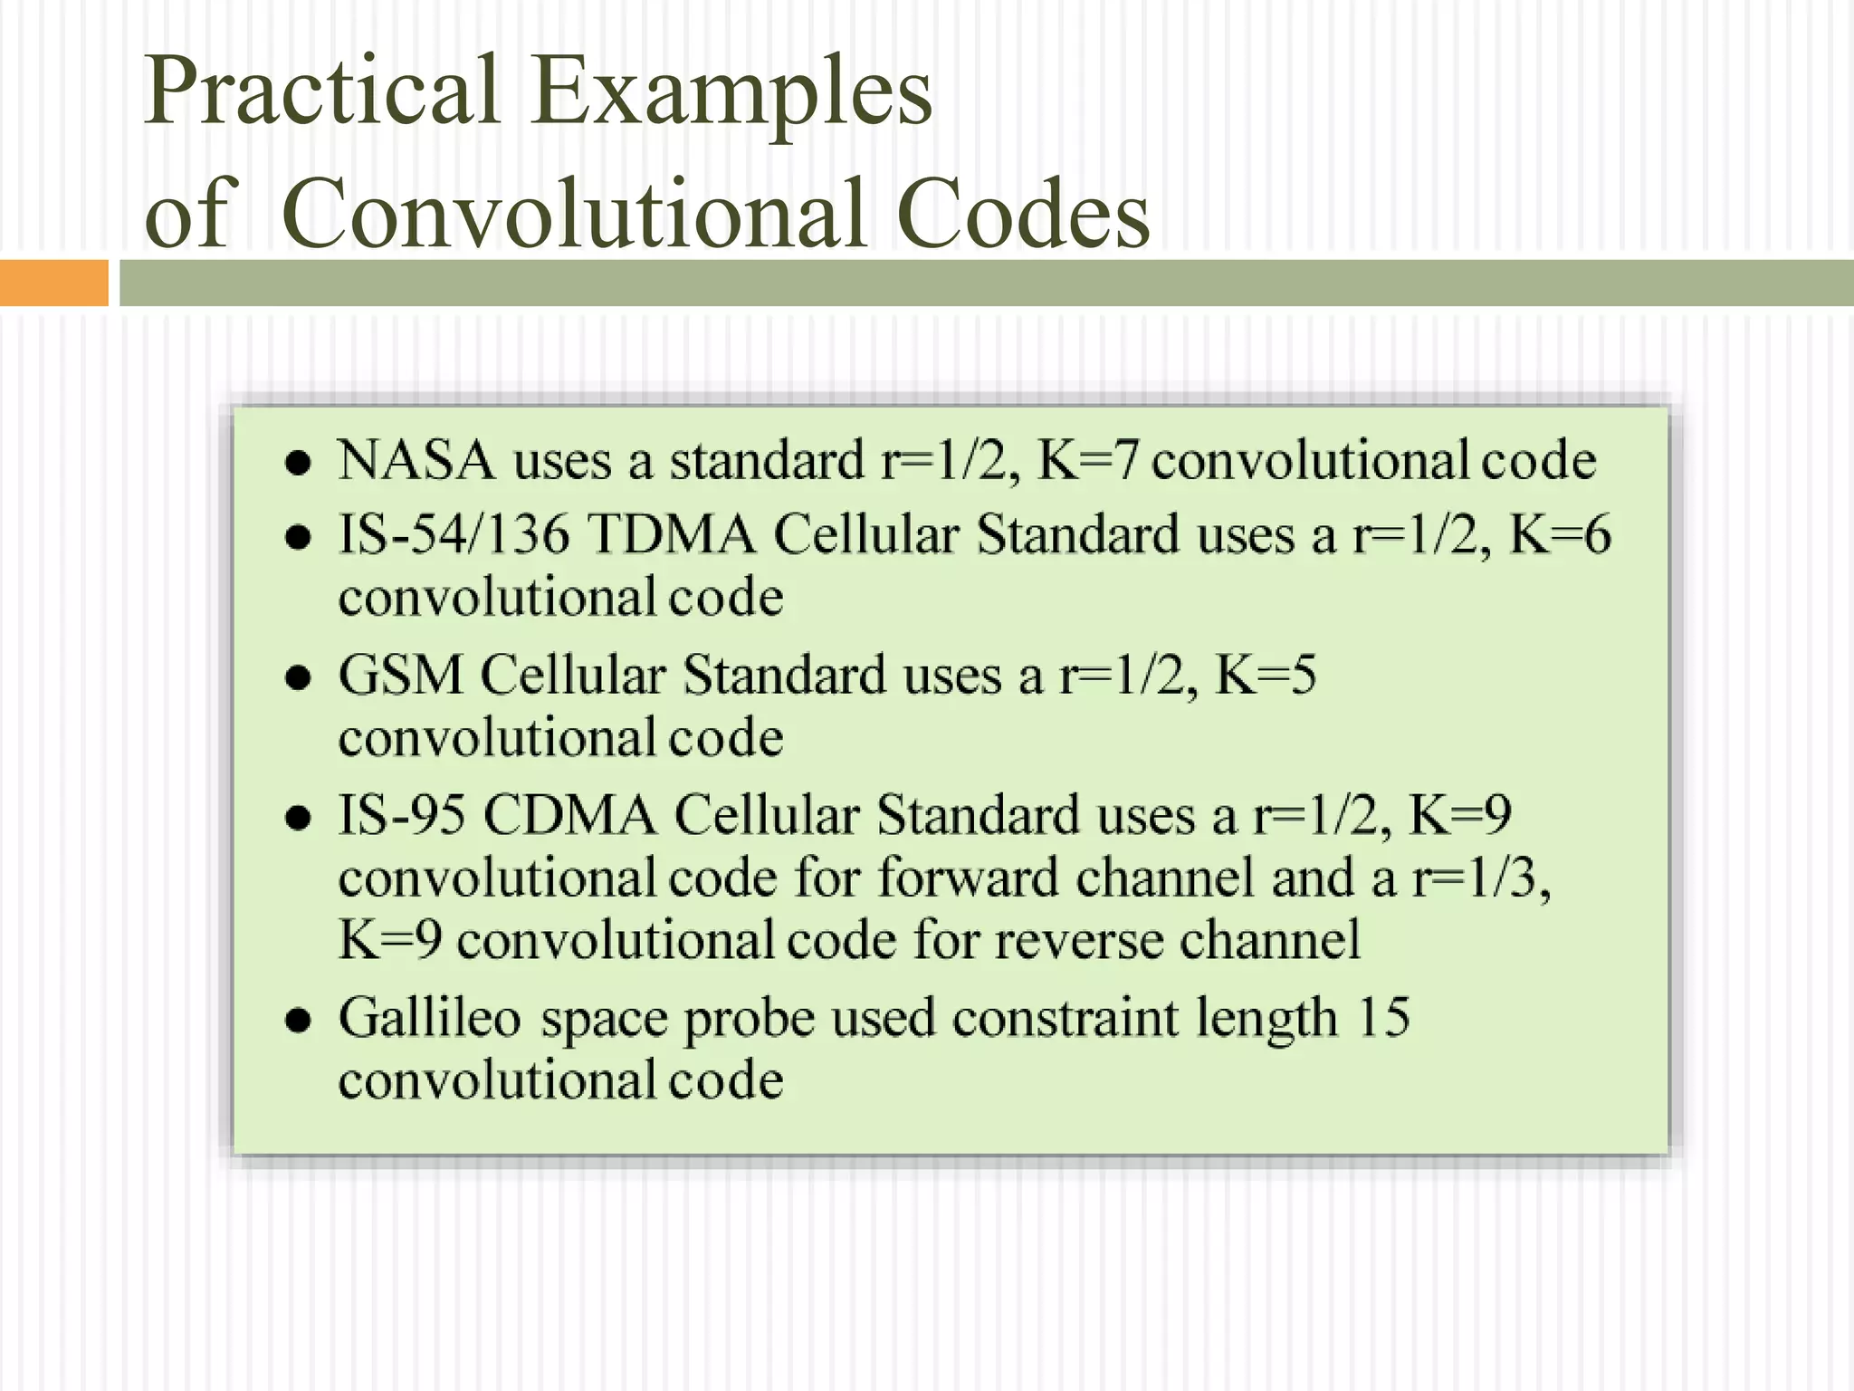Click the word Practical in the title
(321, 91)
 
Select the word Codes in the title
(1023, 214)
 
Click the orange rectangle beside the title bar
(53, 283)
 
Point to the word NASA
(416, 460)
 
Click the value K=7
(1086, 460)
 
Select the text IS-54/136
(454, 534)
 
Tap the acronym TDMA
(672, 534)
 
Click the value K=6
(1559, 534)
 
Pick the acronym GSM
(400, 675)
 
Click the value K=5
(1265, 675)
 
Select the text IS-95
(402, 814)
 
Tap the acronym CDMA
(569, 814)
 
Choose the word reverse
(1077, 940)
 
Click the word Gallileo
(430, 1018)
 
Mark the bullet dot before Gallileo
(298, 1021)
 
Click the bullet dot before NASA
(298, 464)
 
